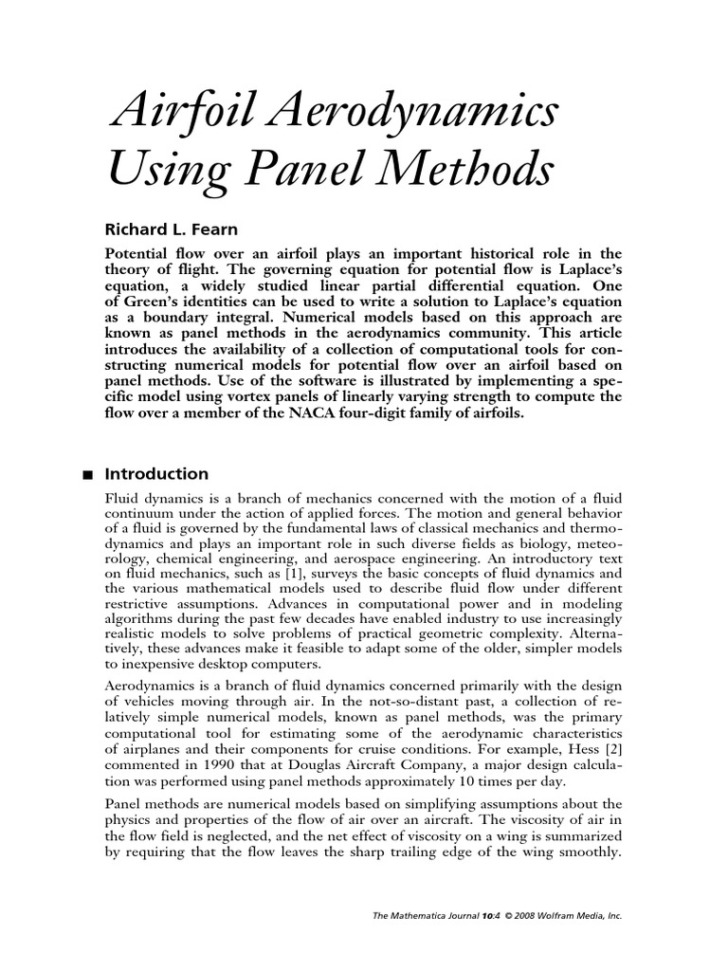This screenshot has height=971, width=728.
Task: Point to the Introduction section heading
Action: tap(156, 474)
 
